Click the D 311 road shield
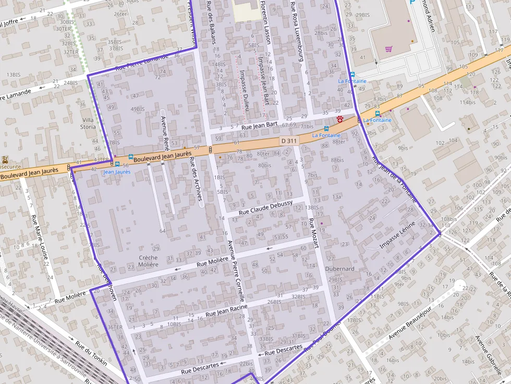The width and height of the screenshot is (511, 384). click(x=288, y=141)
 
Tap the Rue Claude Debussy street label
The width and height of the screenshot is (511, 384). click(x=265, y=207)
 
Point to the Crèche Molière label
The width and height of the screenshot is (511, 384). click(x=149, y=261)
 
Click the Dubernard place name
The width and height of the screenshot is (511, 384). click(x=339, y=269)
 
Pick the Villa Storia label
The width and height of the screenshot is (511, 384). click(x=88, y=123)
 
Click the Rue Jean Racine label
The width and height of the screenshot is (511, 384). click(x=226, y=311)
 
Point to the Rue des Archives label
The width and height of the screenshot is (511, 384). click(x=196, y=179)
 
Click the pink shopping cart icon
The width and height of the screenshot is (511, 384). click(x=388, y=49)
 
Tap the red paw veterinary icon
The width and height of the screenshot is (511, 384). click(x=340, y=119)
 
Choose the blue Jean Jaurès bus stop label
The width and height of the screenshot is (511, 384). click(x=117, y=171)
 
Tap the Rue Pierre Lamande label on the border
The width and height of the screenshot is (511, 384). click(x=142, y=61)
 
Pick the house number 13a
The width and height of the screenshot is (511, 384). click(x=336, y=196)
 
